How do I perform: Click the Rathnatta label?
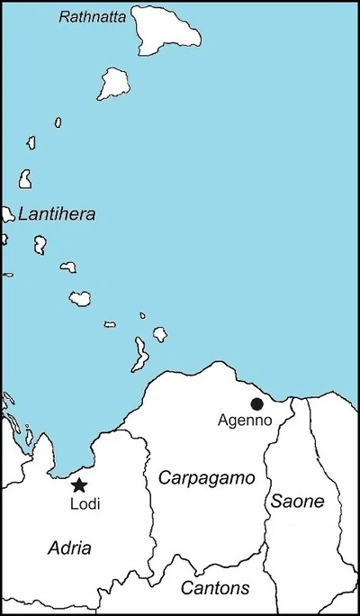(x=93, y=16)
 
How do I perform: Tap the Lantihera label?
(x=56, y=214)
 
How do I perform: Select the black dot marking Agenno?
(x=257, y=403)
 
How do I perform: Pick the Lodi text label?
(x=85, y=504)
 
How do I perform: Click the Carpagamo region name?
(x=207, y=477)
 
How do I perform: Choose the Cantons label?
(x=215, y=588)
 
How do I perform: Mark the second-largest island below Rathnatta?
(x=115, y=83)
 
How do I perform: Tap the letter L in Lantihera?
(x=22, y=214)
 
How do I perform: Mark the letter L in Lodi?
(x=73, y=504)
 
